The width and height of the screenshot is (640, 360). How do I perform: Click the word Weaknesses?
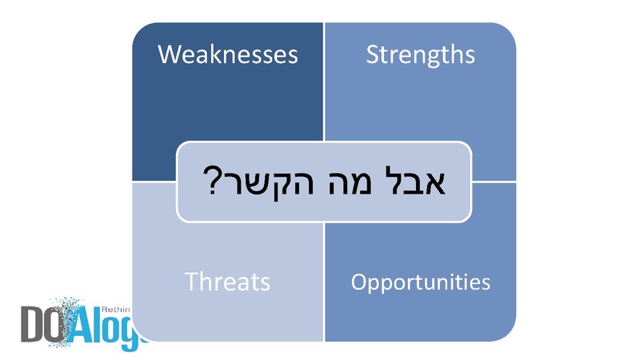(228, 54)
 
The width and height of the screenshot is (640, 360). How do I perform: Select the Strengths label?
(420, 54)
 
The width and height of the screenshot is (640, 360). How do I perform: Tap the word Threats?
(227, 282)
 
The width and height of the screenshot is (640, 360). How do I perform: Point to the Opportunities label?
(421, 282)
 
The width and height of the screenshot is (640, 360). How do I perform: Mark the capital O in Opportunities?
(359, 282)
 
